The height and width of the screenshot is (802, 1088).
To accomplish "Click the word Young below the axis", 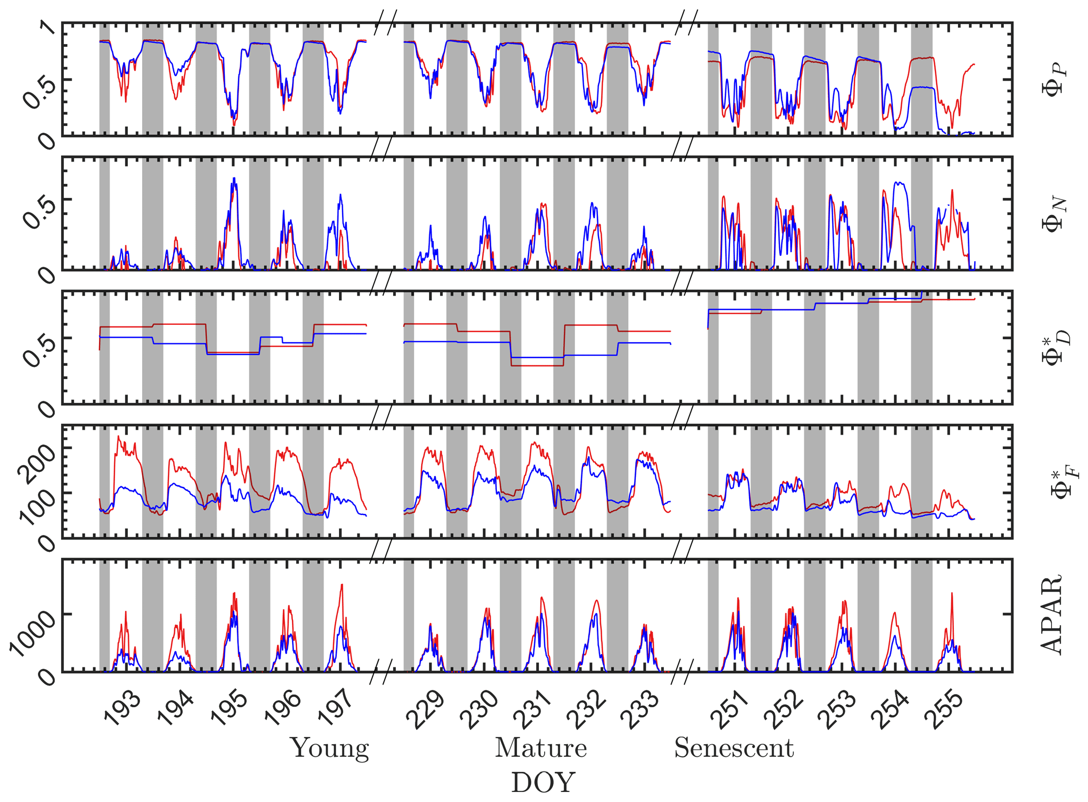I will pos(330,748).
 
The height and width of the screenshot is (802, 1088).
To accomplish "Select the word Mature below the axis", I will pos(541,748).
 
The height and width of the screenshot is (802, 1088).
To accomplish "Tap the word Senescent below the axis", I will pos(734,748).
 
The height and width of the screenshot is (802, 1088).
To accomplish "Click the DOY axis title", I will pos(543,783).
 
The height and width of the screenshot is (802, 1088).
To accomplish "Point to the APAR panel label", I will pos(1051,615).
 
